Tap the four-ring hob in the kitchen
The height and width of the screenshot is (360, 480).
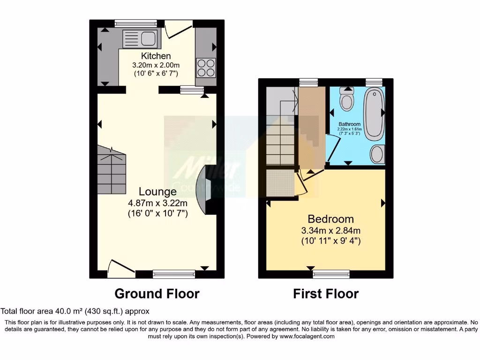pyautogui.click(x=205, y=67)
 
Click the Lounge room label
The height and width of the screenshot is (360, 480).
pyautogui.click(x=157, y=191)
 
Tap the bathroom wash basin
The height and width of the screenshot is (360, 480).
pyautogui.click(x=377, y=154)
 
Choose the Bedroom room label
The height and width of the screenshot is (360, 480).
pyautogui.click(x=330, y=219)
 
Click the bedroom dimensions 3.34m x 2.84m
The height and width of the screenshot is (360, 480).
pyautogui.click(x=330, y=231)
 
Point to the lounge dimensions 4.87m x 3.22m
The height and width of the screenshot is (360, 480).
pyautogui.click(x=157, y=203)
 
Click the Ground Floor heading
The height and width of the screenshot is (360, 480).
pyautogui.click(x=157, y=294)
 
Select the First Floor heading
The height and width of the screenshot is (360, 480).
pyautogui.click(x=326, y=294)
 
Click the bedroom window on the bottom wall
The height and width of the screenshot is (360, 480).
pyautogui.click(x=331, y=274)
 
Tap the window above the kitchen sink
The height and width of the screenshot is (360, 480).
pyautogui.click(x=130, y=22)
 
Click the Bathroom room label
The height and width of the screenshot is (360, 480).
pyautogui.click(x=350, y=124)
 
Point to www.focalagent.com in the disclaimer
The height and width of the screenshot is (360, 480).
pyautogui.click(x=307, y=336)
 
